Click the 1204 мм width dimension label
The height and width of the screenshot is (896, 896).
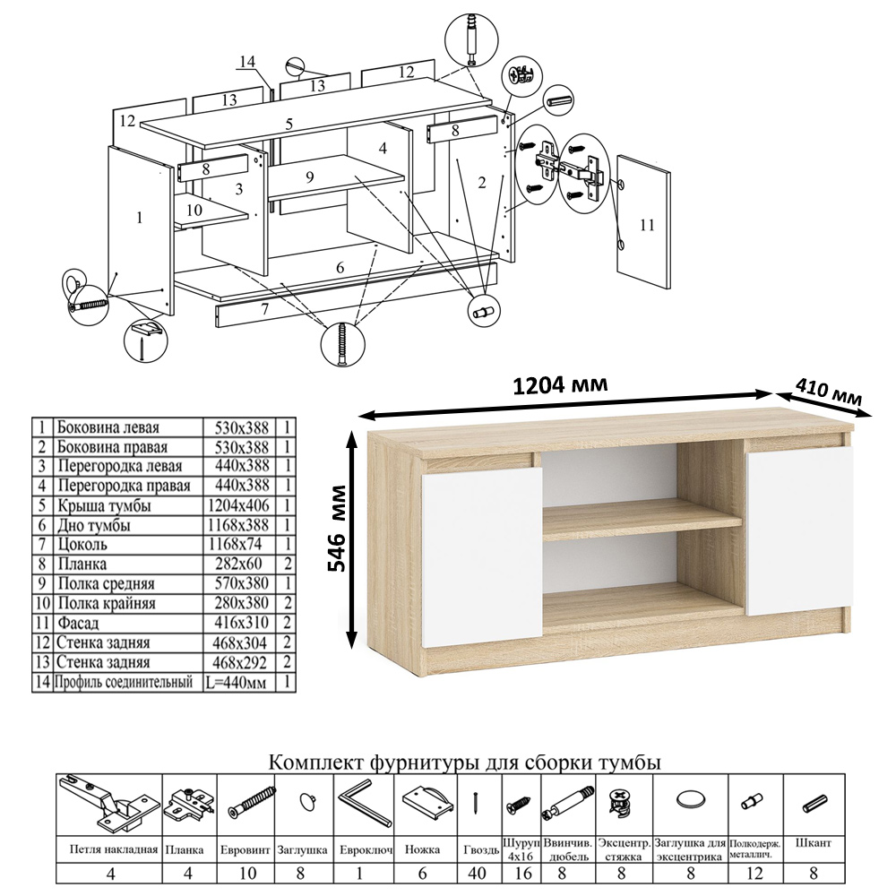[x=560, y=385]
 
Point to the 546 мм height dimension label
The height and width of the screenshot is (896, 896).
[x=338, y=528]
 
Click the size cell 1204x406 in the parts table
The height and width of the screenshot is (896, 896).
[x=238, y=505]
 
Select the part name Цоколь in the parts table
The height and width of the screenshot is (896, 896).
[x=82, y=544]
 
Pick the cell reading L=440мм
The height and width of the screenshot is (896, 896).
[x=237, y=682]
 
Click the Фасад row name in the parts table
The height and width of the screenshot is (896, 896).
[x=78, y=623]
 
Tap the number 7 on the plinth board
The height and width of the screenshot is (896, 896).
[x=264, y=310]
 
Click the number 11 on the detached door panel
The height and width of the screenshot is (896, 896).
[x=647, y=225]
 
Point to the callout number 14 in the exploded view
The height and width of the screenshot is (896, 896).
[x=247, y=61]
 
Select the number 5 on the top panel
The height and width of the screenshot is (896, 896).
[x=289, y=124]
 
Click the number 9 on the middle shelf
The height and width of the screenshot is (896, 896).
[x=310, y=177]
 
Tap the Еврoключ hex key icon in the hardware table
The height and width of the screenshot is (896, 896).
[x=365, y=803]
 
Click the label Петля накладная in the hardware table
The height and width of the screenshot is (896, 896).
[x=113, y=849]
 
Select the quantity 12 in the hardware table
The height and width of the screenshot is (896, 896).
[x=754, y=873]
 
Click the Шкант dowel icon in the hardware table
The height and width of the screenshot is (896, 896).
[x=814, y=803]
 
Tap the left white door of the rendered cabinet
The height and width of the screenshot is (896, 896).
[x=482, y=557]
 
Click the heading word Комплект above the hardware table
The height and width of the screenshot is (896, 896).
[x=315, y=762]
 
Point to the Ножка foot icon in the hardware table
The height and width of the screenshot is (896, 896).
[x=427, y=803]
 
